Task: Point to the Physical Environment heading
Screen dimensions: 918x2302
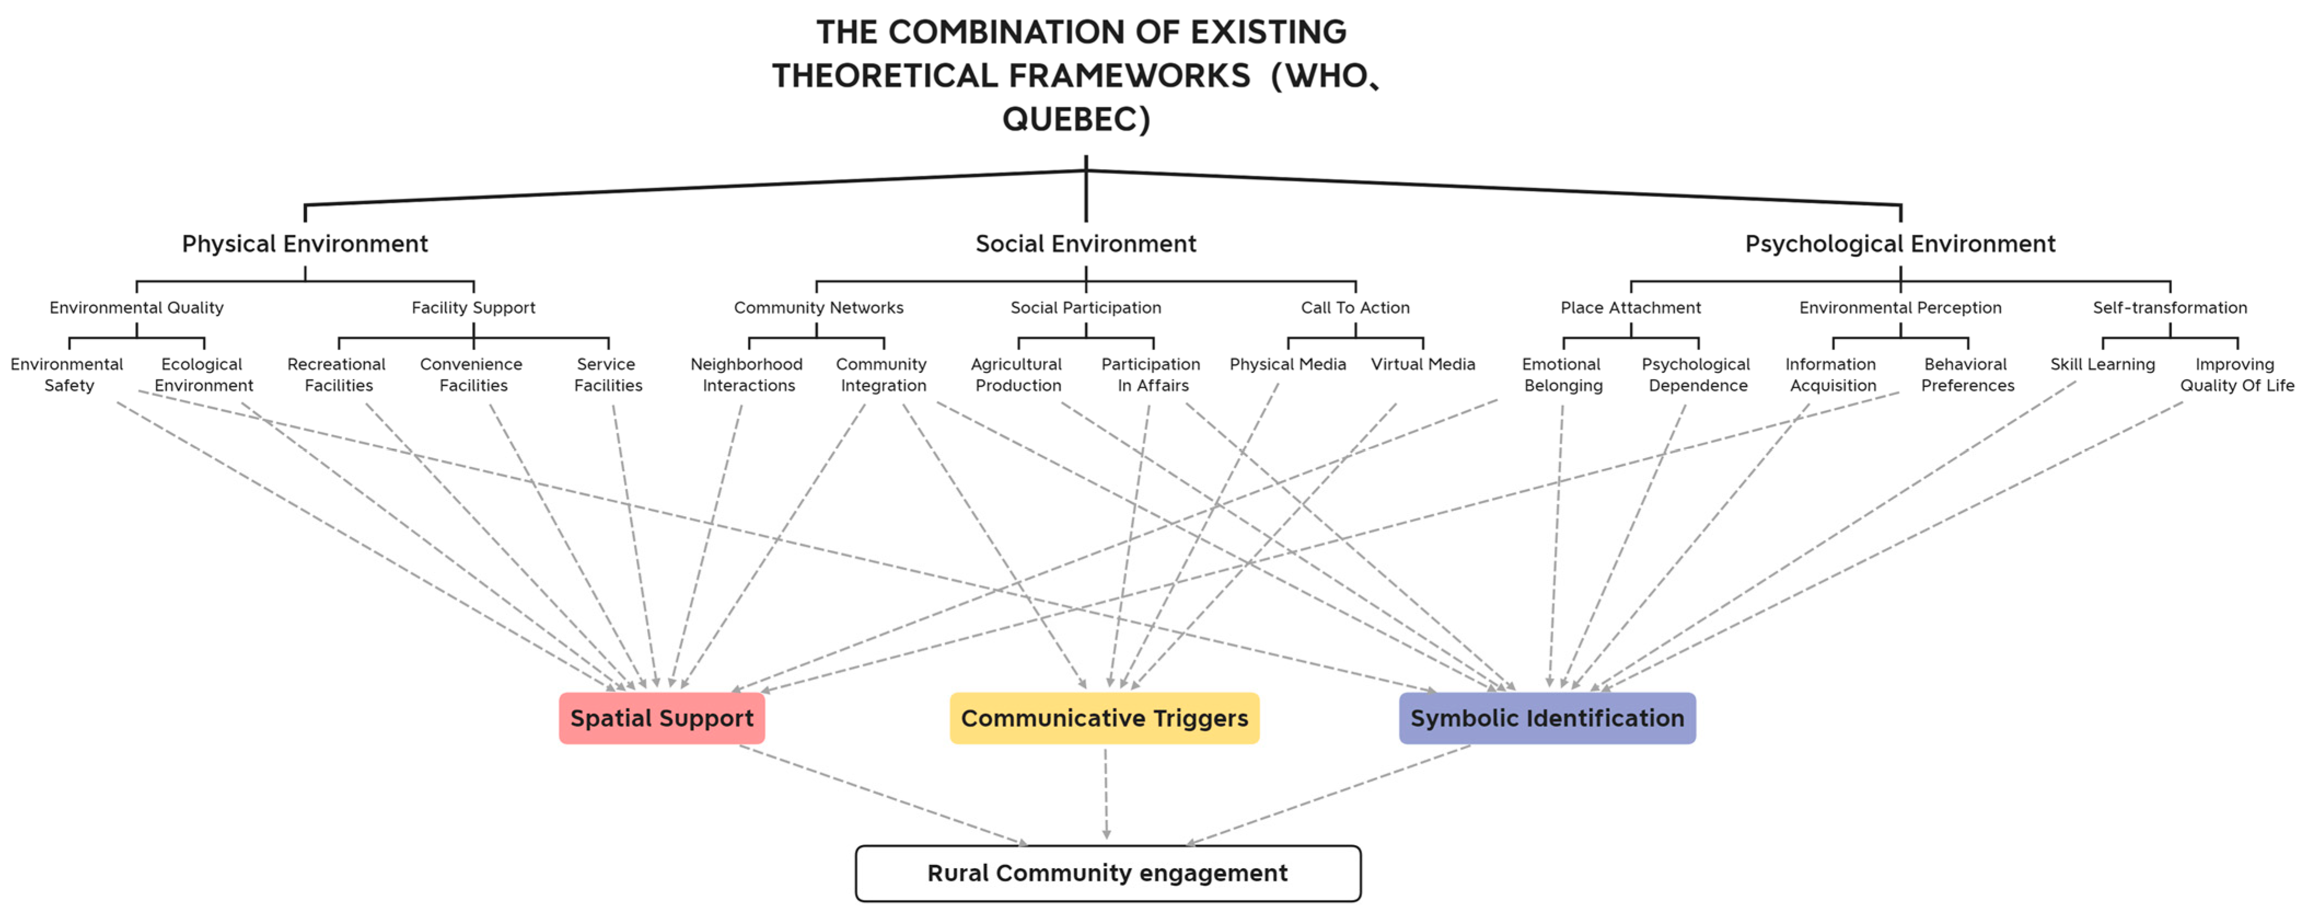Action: [x=305, y=244]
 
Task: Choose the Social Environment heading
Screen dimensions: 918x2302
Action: [x=1086, y=244]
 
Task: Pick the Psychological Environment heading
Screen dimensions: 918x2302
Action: [x=1900, y=244]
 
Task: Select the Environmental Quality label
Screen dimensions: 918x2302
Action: [x=137, y=308]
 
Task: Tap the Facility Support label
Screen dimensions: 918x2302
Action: [x=474, y=308]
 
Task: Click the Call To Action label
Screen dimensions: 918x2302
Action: [x=1355, y=308]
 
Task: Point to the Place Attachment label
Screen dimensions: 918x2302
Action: [x=1631, y=308]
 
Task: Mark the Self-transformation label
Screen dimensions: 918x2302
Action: [x=2170, y=308]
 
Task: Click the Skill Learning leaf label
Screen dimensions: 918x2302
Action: [x=2103, y=365]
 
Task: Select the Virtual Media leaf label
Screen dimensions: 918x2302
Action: [x=1423, y=365]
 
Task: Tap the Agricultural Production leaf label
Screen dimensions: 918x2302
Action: [x=1017, y=374]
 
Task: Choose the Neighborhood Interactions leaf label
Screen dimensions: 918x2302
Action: [x=747, y=374]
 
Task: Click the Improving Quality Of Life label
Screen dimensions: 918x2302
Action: [x=2236, y=374]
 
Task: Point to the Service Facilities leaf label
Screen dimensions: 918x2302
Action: [x=608, y=374]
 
